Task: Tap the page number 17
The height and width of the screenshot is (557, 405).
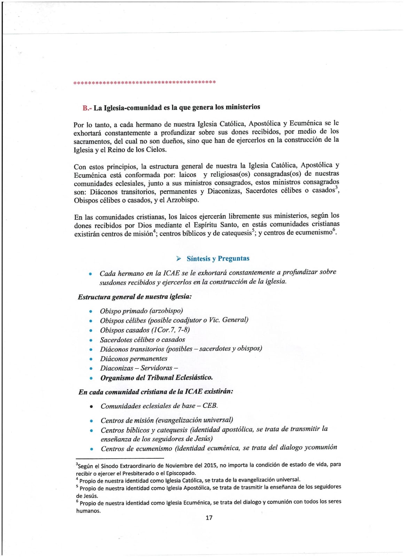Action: pos(209,518)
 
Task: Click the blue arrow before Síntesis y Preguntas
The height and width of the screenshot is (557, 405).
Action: pos(179,258)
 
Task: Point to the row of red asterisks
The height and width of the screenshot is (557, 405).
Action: pos(145,83)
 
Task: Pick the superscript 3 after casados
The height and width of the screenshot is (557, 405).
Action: pos(336,188)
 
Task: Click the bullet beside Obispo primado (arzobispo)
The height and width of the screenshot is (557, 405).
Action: pos(91,312)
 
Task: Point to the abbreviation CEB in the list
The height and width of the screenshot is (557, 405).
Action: pos(210,406)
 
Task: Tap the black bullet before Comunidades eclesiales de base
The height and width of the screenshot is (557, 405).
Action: pos(91,407)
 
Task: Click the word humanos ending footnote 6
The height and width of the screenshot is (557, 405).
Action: pos(88,511)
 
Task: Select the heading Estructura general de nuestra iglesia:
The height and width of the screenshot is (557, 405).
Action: pos(135,297)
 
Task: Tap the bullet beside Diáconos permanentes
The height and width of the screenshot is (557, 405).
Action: pos(91,359)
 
